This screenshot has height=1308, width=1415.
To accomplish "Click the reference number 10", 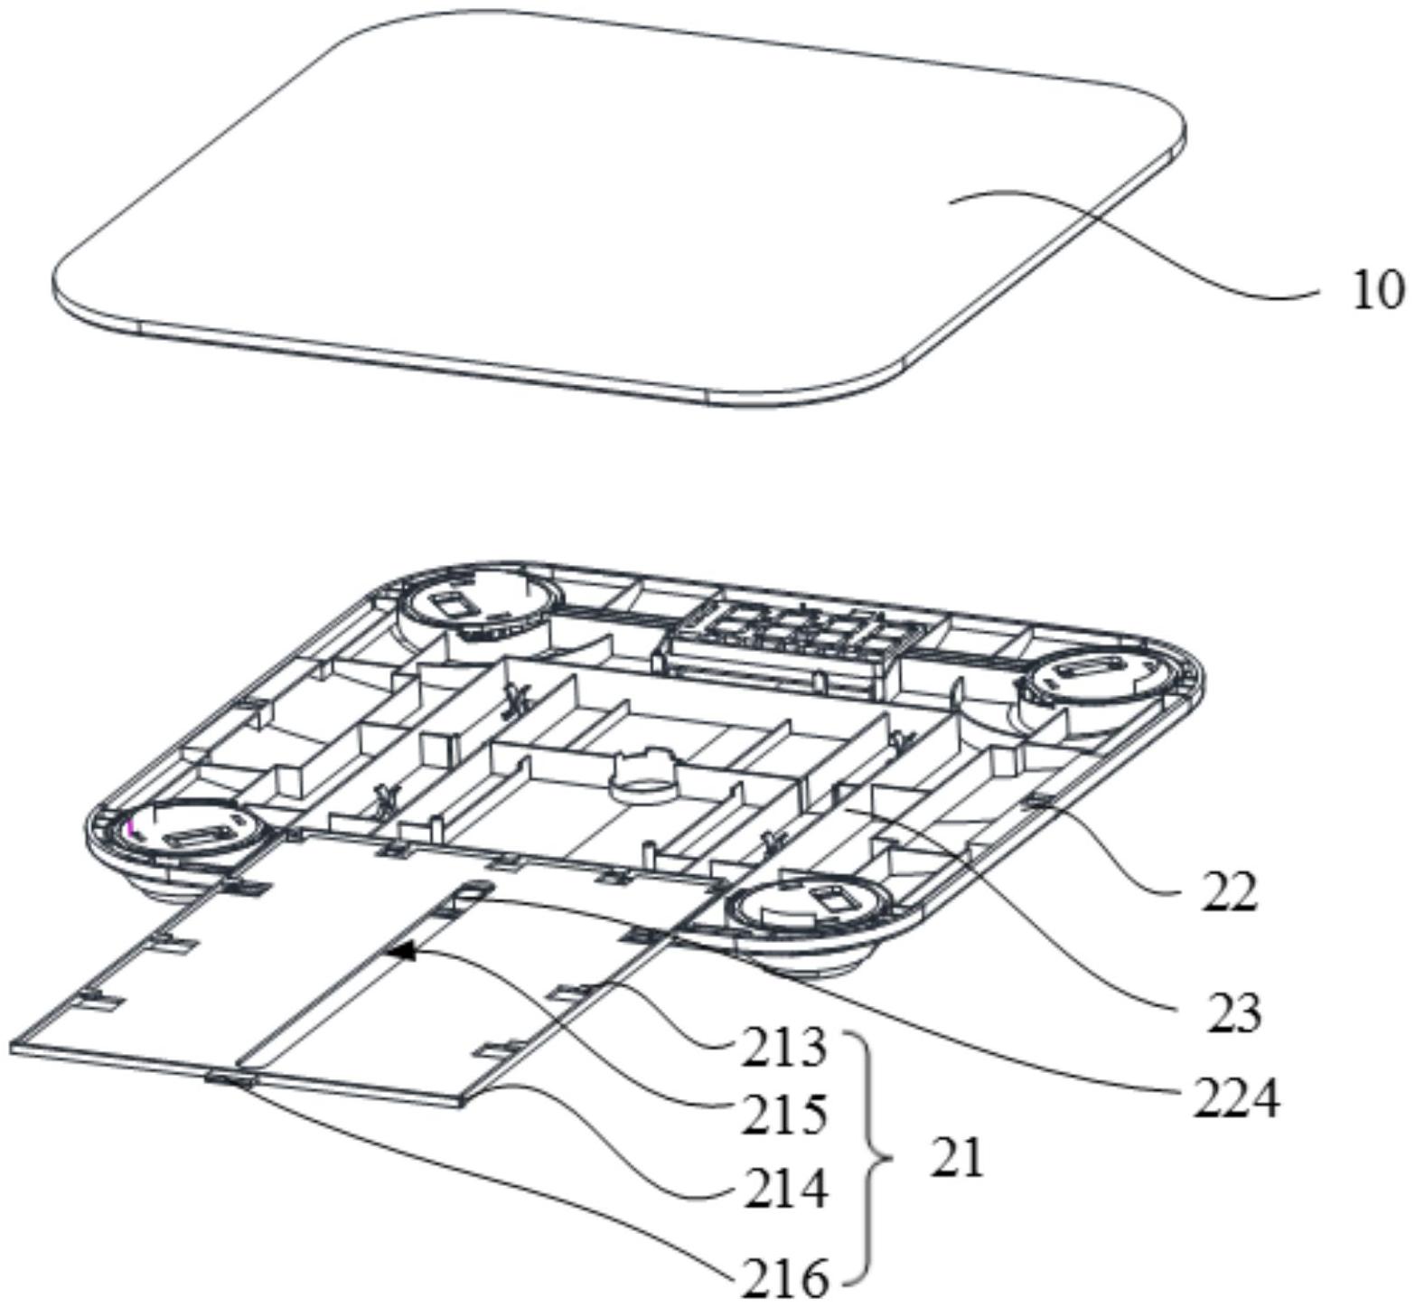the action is pos(1377,291).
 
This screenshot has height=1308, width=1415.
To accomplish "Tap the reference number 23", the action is pos(1232,1013).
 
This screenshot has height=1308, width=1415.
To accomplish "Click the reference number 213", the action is pos(784,1049).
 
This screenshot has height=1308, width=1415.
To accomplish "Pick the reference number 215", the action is pos(784,1115).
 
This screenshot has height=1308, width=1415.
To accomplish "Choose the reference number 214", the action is pos(784,1190).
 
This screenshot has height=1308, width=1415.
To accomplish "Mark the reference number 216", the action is pos(784,1278).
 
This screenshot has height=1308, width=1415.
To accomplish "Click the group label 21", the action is pos(956,1159).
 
